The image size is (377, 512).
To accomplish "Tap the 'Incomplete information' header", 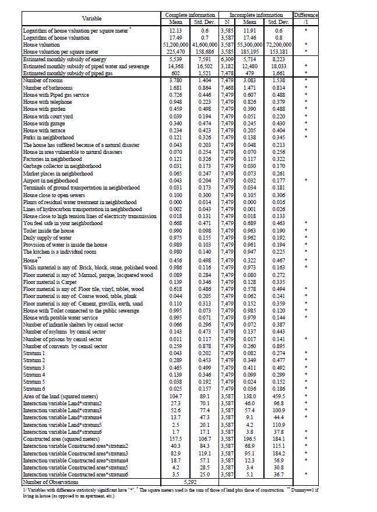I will point(256,15).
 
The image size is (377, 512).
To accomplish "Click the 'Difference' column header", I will point(305,15).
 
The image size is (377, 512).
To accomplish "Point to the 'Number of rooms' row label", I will point(43,80).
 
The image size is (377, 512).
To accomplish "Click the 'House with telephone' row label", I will point(47,101).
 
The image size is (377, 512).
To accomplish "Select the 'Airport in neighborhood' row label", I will point(50,181).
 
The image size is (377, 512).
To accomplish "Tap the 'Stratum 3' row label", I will point(34,368).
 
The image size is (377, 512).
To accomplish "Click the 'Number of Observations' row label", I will point(51,482).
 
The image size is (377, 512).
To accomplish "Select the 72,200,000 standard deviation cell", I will point(279,44).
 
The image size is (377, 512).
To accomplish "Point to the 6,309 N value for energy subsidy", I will point(227,59).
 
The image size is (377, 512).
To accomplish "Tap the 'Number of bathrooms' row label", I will point(47,87).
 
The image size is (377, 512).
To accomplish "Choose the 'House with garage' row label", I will point(43,123).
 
